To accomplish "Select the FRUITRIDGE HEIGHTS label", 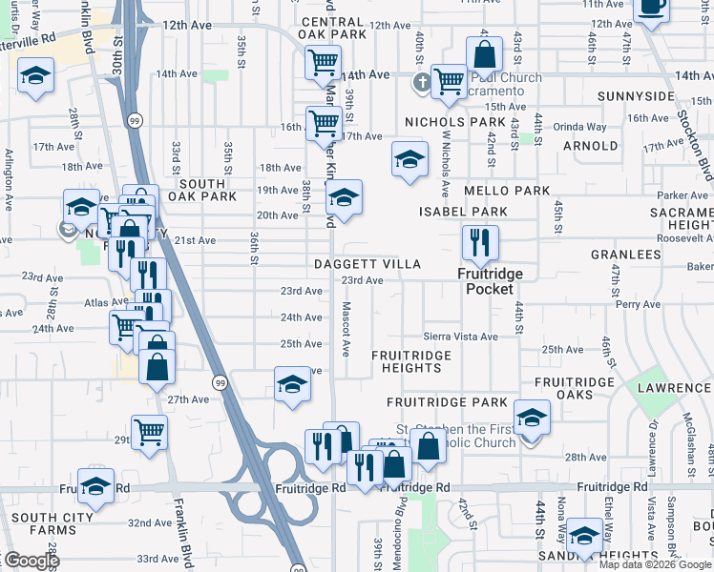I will tap(411, 361).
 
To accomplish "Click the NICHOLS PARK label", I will tap(454, 122).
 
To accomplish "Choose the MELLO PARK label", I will tap(507, 191).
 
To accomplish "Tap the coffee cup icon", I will tap(652, 8).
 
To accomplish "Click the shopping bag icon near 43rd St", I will tap(484, 54).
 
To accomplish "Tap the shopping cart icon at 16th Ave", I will tap(324, 123).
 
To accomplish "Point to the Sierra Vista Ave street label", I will tap(461, 337).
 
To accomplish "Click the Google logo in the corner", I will tap(31, 561).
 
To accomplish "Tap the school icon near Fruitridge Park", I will tap(532, 418).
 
